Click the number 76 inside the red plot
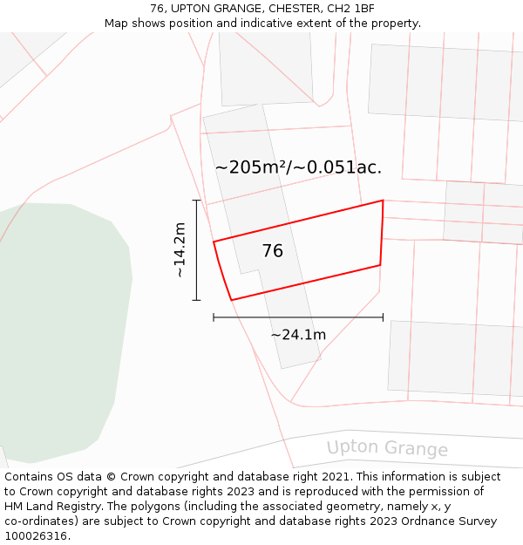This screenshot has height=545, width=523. [x=272, y=251]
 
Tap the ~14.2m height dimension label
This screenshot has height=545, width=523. [x=179, y=250]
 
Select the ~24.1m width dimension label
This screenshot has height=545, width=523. [x=298, y=335]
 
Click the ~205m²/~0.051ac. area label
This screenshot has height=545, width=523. [x=298, y=167]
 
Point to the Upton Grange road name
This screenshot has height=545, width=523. [x=387, y=448]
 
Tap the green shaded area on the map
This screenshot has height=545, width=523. [x=61, y=331]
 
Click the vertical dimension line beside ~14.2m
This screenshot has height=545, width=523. [x=196, y=250]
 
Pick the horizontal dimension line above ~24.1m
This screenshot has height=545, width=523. [x=298, y=317]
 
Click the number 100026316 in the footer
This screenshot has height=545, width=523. [x=37, y=536]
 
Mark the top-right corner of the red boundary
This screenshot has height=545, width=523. [x=383, y=201]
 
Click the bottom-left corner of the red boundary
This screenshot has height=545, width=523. [x=231, y=300]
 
